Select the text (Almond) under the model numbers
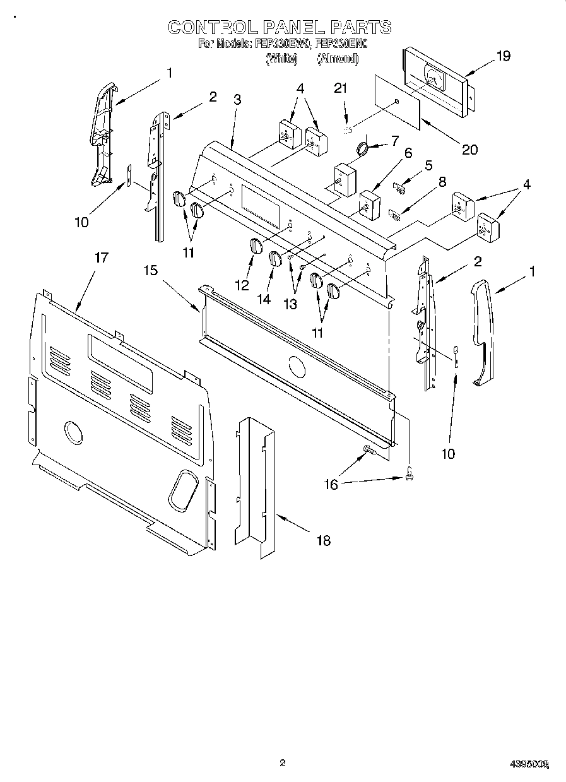coord(337,59)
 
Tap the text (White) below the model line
coord(281,59)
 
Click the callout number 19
coord(503,56)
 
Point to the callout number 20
coord(469,150)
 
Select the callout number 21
coord(341,88)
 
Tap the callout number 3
coord(237,99)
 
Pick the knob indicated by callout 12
coord(255,246)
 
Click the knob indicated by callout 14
coord(274,258)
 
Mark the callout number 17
coord(101,258)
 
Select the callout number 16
coord(331,484)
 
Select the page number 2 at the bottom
coord(283,762)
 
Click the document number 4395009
coord(529,764)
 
